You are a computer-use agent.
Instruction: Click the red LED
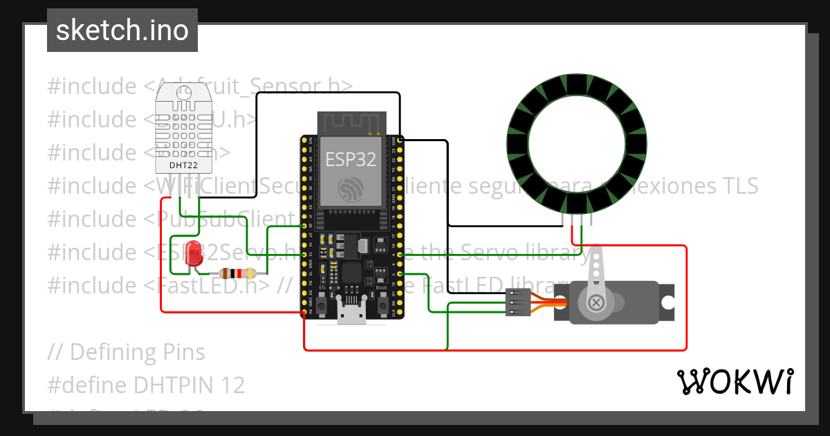[x=194, y=253]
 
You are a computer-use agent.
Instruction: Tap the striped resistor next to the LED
[x=237, y=273]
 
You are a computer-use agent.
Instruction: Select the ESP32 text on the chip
[x=351, y=159]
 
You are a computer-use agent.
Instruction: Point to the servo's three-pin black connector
[x=518, y=303]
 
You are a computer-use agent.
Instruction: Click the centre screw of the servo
[x=596, y=303]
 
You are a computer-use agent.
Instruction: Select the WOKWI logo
[x=735, y=381]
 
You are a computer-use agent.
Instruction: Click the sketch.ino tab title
[x=122, y=30]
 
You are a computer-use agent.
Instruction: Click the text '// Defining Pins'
[x=127, y=352]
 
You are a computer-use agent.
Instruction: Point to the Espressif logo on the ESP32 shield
[x=351, y=190]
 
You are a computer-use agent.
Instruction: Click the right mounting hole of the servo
[x=667, y=303]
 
